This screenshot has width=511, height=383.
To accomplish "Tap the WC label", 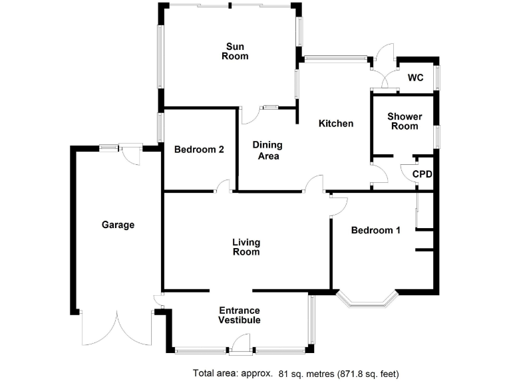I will (415, 78).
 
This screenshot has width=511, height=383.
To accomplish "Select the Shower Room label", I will (405, 121).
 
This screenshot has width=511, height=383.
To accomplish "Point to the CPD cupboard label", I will (423, 175).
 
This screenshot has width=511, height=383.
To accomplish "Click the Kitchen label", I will (335, 124).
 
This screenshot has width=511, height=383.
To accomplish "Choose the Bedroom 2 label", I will (199, 150).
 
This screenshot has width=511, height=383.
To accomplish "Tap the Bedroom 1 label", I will (376, 231).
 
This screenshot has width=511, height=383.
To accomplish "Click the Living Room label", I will (246, 247).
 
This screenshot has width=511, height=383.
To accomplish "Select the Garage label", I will (118, 225).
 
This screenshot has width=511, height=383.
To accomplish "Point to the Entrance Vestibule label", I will (240, 315).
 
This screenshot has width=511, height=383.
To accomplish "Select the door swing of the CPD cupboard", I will (407, 170).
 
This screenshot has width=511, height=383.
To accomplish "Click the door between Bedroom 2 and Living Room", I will (222, 187).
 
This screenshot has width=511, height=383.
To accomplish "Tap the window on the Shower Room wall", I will (437, 135).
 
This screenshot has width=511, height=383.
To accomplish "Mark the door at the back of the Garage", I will (131, 156).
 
